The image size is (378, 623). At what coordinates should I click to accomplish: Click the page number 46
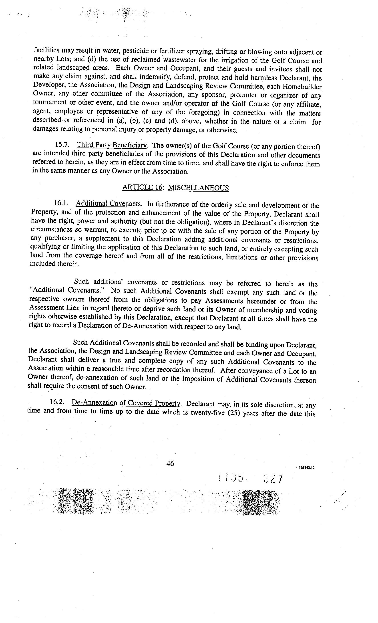[x=170, y=463]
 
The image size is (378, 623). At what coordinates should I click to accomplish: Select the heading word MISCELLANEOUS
[x=198, y=188]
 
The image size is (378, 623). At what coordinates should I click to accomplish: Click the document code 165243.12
[x=306, y=467]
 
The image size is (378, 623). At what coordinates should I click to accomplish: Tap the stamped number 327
[x=273, y=479]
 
